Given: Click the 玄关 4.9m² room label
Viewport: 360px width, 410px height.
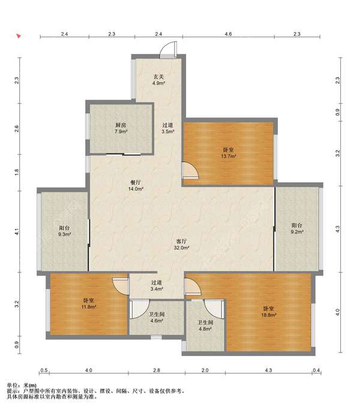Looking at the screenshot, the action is (x=158, y=80).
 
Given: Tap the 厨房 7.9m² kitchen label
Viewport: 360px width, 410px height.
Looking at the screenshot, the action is (x=121, y=128).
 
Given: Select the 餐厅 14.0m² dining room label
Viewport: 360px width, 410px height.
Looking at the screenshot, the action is (x=136, y=185).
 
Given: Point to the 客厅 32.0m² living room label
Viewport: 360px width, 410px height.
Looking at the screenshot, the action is (x=181, y=244).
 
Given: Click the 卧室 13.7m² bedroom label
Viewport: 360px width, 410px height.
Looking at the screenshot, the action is (x=229, y=153).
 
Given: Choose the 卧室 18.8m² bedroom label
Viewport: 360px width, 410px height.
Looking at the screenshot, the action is (x=269, y=312).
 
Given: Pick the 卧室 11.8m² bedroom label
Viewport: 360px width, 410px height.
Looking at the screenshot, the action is (x=88, y=303).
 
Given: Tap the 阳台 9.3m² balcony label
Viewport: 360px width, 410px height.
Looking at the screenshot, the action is (x=64, y=231).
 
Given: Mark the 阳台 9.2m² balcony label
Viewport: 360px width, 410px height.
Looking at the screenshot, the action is (x=296, y=228).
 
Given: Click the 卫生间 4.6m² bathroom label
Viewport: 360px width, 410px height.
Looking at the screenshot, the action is (x=157, y=317).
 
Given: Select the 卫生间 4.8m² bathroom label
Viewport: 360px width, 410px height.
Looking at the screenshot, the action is (x=205, y=325).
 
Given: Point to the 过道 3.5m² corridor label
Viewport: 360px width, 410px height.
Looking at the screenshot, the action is (x=168, y=128).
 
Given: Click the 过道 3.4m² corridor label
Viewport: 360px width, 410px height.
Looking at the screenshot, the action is (x=157, y=285).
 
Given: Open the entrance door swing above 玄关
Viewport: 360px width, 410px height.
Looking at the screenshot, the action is (x=168, y=49).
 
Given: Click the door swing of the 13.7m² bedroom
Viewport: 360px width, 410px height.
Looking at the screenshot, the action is (x=191, y=171).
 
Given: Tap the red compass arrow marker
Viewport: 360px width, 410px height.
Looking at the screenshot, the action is (x=19, y=36).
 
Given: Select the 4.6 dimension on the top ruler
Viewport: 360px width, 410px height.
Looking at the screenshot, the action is (x=228, y=34).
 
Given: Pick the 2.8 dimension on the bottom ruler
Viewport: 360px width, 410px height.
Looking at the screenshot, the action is (x=157, y=370).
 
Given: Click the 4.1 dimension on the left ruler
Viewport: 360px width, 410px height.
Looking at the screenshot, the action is (x=17, y=231).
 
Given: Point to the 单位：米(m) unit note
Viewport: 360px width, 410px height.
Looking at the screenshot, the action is (x=22, y=385).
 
